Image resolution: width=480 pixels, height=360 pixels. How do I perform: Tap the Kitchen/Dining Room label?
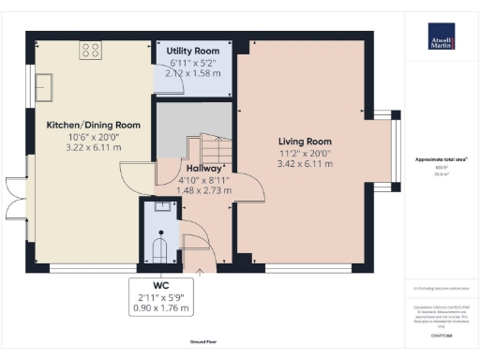[94, 125]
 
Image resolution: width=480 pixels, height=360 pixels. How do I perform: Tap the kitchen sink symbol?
[44, 87]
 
